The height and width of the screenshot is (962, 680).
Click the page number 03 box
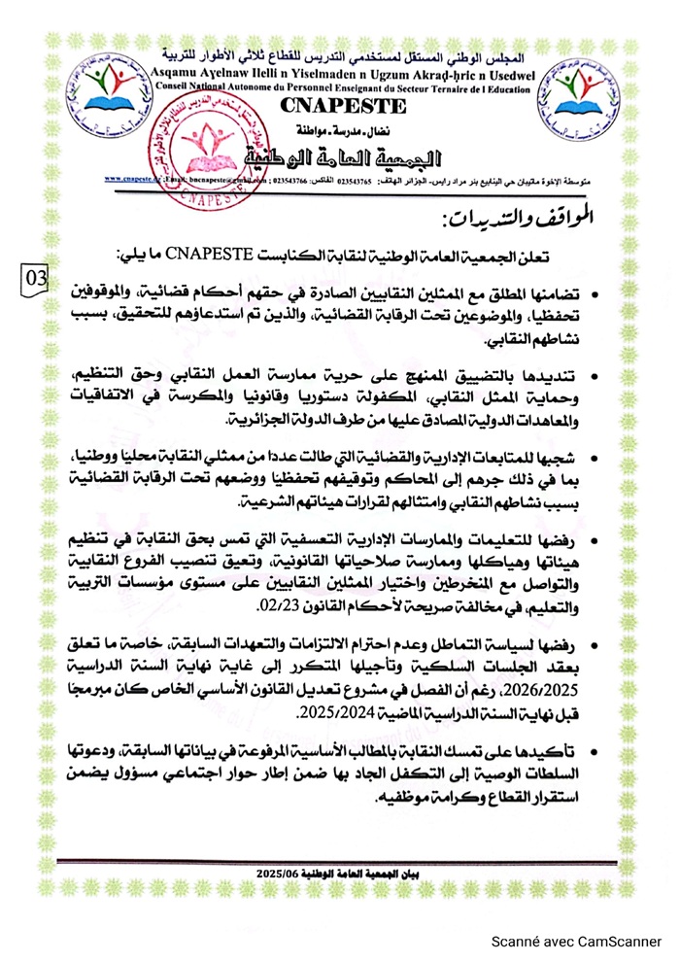point(35,277)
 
